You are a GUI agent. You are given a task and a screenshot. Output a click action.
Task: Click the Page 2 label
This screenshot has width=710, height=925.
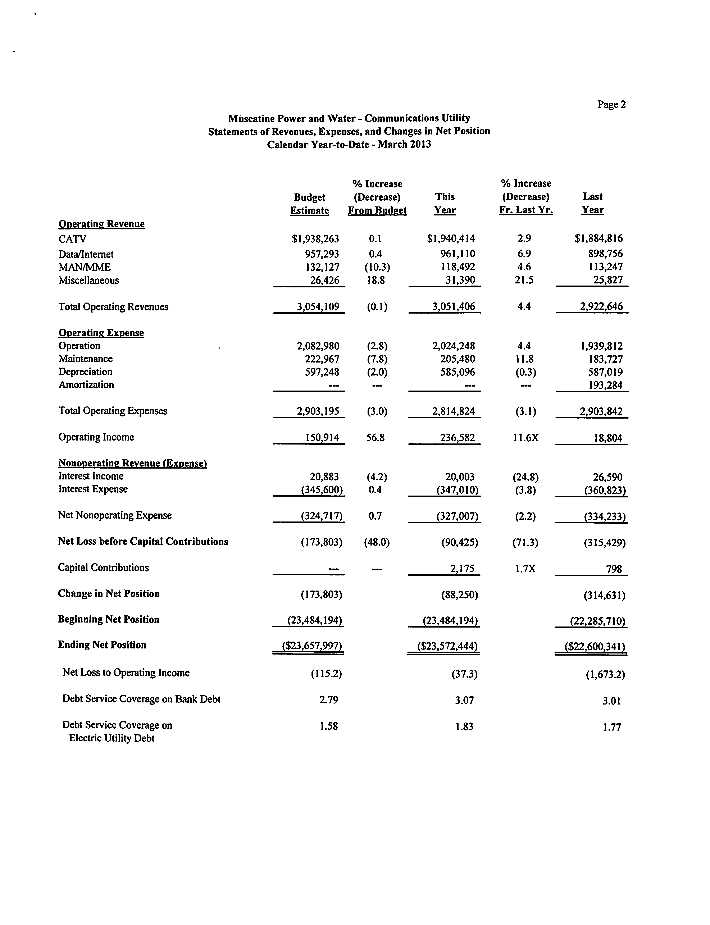point(611,104)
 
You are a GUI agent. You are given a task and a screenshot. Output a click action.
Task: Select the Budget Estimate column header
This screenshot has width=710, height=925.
point(309,204)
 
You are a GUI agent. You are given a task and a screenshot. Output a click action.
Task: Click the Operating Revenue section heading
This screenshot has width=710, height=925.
point(101,224)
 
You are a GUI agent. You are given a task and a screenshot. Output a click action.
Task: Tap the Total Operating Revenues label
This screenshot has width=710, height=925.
point(113,307)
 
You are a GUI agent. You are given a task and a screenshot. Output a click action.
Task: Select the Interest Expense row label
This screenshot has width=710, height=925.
point(93,489)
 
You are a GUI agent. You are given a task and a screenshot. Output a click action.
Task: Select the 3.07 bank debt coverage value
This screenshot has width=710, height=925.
point(464,700)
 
